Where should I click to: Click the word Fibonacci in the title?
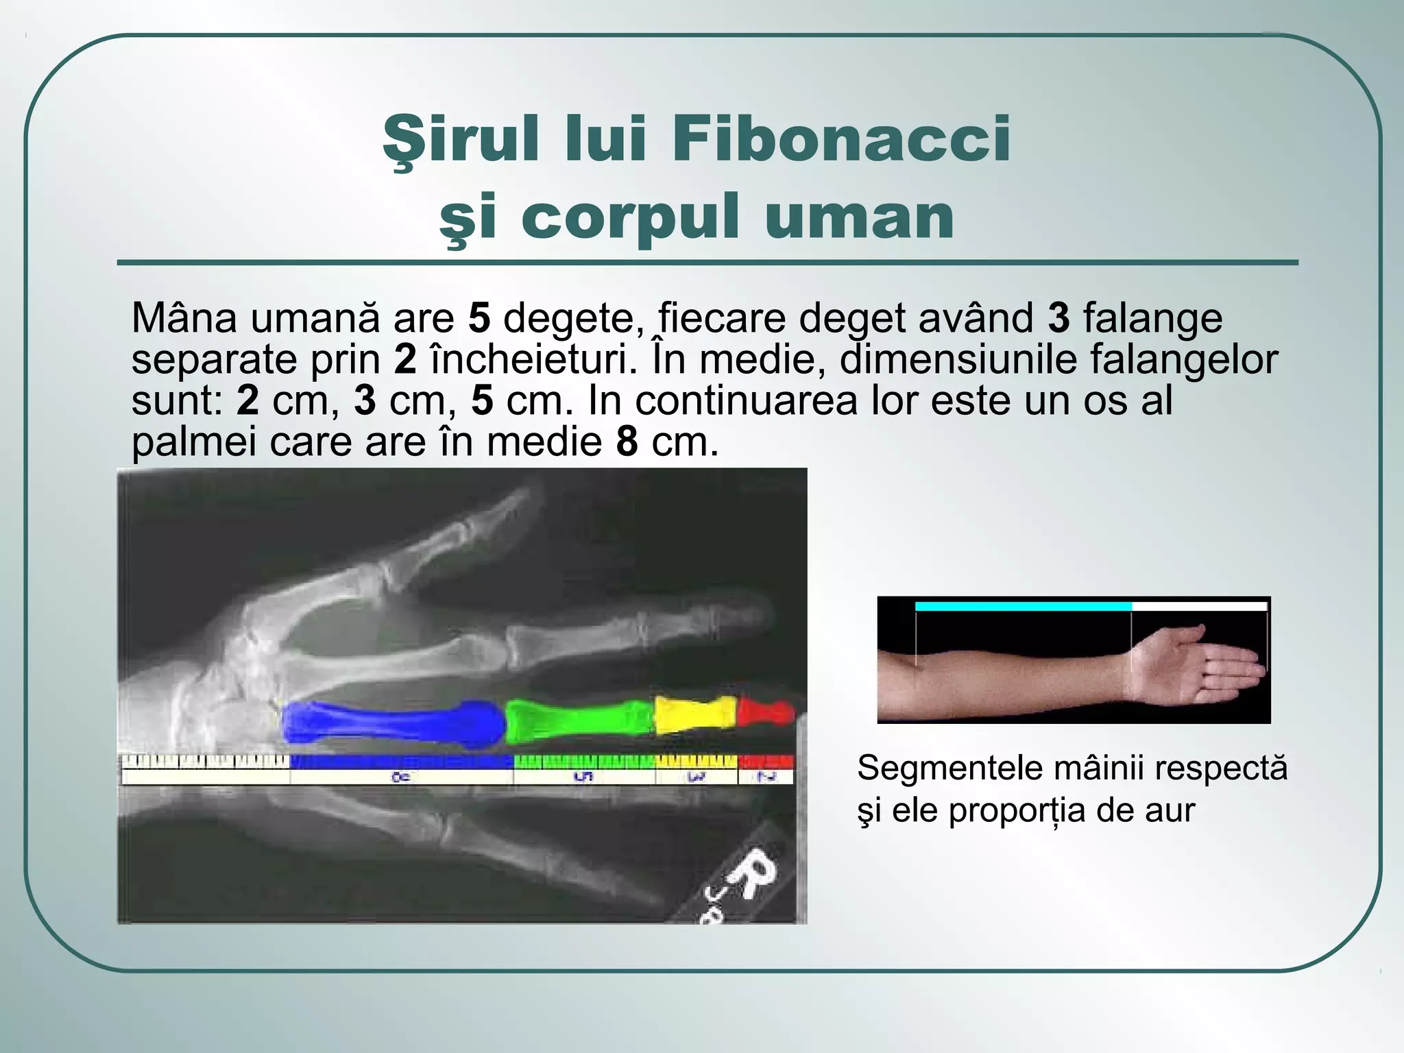[840, 139]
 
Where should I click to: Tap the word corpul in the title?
[631, 217]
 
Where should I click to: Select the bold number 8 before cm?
[627, 442]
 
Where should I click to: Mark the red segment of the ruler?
[766, 762]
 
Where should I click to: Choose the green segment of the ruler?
[584, 762]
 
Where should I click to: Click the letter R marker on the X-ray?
[753, 874]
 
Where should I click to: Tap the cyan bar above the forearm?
[1023, 607]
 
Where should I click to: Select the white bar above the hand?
[1198, 607]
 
